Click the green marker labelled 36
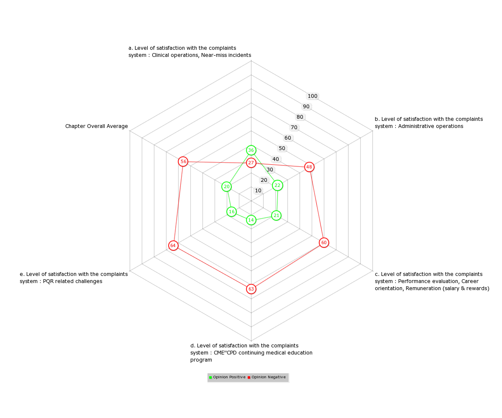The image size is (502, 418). (251, 150)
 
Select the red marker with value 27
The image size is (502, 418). (251, 163)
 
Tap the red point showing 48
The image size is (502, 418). (309, 167)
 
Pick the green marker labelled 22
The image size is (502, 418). (277, 186)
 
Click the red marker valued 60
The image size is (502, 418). (324, 242)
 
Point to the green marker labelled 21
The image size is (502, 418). (277, 216)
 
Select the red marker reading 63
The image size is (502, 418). (251, 289)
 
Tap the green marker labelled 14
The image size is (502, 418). (251, 220)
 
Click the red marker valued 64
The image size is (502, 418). (173, 245)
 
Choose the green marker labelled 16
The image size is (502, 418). (231, 212)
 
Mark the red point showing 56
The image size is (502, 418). (183, 161)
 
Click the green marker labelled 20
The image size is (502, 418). (226, 187)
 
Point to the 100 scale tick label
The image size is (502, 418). (312, 96)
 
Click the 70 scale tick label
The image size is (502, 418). (294, 127)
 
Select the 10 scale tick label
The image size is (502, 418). (258, 191)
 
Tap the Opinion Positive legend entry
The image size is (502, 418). (227, 377)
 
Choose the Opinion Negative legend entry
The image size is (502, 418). (266, 377)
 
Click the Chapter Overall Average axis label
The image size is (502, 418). (96, 126)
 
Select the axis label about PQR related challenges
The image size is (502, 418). (74, 278)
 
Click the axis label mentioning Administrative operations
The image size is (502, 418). (429, 123)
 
